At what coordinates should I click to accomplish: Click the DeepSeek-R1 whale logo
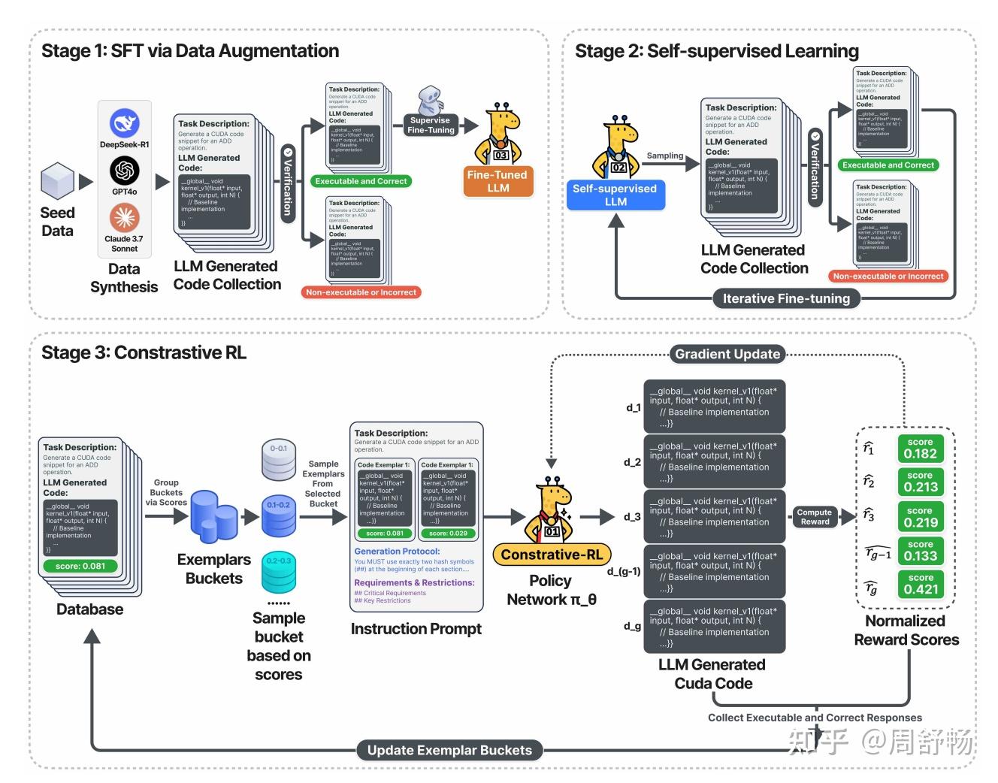[x=125, y=123]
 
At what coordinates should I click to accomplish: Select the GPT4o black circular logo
[x=125, y=171]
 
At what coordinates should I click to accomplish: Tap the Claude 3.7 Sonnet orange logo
[x=125, y=218]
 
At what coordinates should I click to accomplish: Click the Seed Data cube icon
[x=57, y=182]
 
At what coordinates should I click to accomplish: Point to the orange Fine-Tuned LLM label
[x=497, y=181]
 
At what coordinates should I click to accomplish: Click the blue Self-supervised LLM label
[x=615, y=195]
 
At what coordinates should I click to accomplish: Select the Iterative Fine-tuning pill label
[x=786, y=298]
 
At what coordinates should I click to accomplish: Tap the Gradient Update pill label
[x=727, y=354]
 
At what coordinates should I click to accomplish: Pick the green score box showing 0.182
[x=920, y=449]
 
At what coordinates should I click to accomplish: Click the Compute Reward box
[x=815, y=517]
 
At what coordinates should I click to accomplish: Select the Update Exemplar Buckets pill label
[x=449, y=750]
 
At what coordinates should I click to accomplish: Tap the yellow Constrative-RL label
[x=552, y=555]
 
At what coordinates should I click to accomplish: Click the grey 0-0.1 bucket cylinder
[x=278, y=460]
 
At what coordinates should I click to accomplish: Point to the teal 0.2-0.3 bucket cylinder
[x=278, y=573]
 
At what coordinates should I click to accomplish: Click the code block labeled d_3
[x=714, y=516]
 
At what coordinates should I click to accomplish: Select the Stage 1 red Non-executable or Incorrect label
[x=361, y=292]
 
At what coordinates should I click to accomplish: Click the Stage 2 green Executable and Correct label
[x=888, y=165]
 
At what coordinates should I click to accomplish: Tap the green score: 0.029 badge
[x=448, y=534]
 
